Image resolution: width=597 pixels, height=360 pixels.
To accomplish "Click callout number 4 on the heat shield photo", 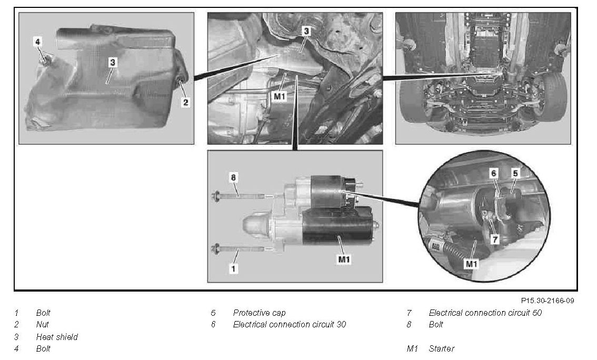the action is [37, 41].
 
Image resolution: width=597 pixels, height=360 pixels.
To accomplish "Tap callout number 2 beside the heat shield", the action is [185, 102].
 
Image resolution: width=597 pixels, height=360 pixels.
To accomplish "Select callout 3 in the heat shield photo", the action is [113, 62].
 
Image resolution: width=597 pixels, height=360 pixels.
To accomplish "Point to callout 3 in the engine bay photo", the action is [306, 31].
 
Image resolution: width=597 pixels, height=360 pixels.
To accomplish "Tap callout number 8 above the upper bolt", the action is [233, 178].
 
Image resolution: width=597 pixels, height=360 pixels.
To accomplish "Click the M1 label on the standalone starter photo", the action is [344, 259].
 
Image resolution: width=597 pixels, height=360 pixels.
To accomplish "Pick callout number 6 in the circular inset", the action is [494, 173].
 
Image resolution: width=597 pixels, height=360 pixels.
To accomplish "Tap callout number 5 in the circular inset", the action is [515, 173].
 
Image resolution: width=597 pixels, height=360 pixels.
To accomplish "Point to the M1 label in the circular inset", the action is [471, 263].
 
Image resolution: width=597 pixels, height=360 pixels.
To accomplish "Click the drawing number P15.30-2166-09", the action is [548, 301].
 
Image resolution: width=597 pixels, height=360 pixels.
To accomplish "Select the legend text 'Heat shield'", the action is [57, 337].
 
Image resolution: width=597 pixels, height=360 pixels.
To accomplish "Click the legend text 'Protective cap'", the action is [259, 313].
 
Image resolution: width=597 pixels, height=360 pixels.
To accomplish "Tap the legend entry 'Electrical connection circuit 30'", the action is [290, 325].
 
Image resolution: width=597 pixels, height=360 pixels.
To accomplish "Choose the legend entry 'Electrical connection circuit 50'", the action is [485, 313].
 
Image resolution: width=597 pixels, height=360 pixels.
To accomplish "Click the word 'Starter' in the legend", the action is [442, 348].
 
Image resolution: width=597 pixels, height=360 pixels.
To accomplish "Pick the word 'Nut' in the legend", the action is [43, 325].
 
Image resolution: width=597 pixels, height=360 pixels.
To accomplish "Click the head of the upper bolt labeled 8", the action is [216, 197].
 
